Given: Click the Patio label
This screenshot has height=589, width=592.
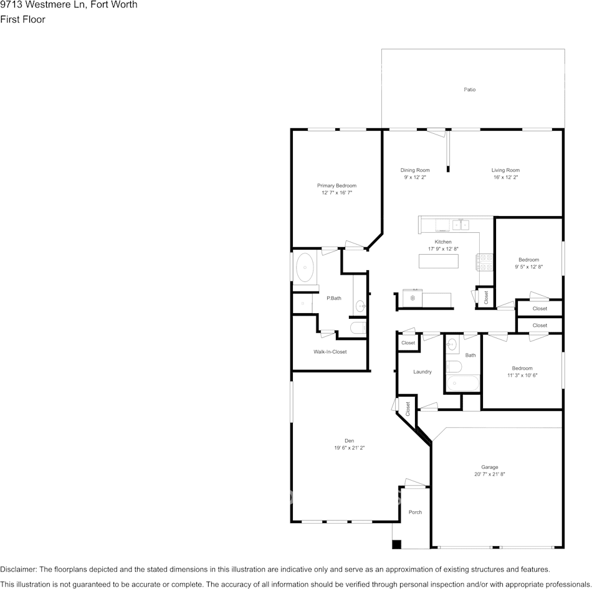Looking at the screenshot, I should pyautogui.click(x=469, y=90).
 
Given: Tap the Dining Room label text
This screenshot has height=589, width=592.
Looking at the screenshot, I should pyautogui.click(x=414, y=170).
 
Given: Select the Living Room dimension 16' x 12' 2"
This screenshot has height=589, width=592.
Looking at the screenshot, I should pyautogui.click(x=505, y=177).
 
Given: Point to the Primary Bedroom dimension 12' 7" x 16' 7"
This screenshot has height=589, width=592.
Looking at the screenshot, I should pyautogui.click(x=337, y=193).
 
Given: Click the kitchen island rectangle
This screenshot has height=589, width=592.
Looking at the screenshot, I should pyautogui.click(x=439, y=262).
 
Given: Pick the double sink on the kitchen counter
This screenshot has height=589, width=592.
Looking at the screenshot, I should pyautogui.click(x=461, y=224).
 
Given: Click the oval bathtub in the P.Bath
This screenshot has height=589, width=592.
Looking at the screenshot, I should pyautogui.click(x=305, y=268).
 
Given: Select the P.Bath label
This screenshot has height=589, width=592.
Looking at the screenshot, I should pyautogui.click(x=334, y=298).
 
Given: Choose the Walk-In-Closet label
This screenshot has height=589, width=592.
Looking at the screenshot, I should pyautogui.click(x=330, y=352).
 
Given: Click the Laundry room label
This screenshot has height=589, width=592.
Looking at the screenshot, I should pyautogui.click(x=422, y=372).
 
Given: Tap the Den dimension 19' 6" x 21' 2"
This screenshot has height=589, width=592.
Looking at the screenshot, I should pyautogui.click(x=349, y=448).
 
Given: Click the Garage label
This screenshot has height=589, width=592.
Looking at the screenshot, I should pyautogui.click(x=489, y=467).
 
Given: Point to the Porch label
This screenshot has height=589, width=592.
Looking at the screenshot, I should pyautogui.click(x=415, y=512).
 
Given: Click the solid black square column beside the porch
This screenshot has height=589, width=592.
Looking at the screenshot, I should pyautogui.click(x=396, y=544).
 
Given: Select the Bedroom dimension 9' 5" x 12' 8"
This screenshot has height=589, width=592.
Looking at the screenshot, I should pyautogui.click(x=528, y=267).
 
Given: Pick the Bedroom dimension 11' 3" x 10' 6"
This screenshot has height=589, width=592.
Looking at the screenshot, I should pyautogui.click(x=522, y=375).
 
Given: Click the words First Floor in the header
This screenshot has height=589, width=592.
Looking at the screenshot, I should pyautogui.click(x=22, y=19).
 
